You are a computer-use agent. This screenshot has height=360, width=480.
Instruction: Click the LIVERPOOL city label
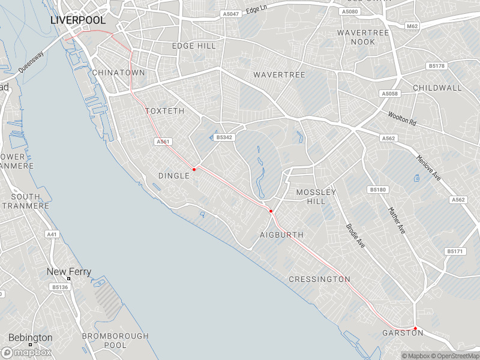pos(78,20)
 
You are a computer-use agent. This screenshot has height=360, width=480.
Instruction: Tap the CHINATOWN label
pos(118,73)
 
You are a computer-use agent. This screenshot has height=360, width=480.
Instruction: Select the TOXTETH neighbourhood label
pos(164,111)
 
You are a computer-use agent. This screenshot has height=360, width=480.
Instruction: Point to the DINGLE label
pos(173,175)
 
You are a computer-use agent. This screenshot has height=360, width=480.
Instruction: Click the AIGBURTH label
pos(281,235)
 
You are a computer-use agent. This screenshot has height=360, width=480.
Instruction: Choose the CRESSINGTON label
pos(319,279)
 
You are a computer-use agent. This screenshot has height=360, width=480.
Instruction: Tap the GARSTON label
pos(403,333)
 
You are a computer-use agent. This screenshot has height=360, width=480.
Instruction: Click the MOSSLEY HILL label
pos(316,197)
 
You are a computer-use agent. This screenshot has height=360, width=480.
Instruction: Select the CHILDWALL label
pos(437,88)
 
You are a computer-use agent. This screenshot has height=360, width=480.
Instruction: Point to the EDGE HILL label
pos(194,46)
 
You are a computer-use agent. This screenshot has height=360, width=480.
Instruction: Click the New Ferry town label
pos(69,272)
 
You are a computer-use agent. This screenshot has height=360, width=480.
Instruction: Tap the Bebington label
pos(30,338)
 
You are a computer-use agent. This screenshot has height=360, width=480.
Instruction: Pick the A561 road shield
pos(163,142)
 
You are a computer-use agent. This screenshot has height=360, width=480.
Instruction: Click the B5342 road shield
pos(224,137)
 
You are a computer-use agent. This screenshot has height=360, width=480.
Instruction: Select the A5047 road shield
pos(230,14)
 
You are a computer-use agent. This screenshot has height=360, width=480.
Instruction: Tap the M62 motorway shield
pos(412,26)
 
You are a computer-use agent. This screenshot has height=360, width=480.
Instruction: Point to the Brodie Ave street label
pos(355,236)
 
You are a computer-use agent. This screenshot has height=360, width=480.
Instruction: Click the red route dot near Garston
pos(415,328)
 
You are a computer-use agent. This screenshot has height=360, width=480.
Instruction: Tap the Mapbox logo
pos(26,353)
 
